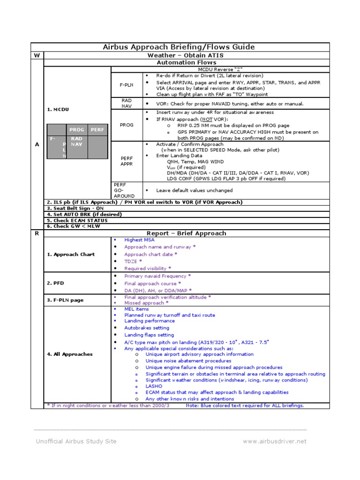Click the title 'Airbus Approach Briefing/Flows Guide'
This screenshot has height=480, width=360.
(179, 47)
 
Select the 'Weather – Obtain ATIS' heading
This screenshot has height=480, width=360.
(186, 55)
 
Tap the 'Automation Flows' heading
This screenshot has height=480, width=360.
(186, 62)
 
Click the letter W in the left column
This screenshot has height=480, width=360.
(37, 55)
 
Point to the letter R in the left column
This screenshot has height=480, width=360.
(37, 233)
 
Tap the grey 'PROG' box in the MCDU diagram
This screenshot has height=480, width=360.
(76, 129)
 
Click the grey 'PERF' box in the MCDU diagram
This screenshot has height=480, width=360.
(97, 129)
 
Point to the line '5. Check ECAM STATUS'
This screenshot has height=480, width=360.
(77, 220)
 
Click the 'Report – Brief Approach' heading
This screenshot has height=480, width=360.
(186, 233)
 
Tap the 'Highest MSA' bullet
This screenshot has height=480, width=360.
(139, 240)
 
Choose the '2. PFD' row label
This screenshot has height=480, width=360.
(56, 283)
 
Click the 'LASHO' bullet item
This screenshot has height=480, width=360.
(154, 386)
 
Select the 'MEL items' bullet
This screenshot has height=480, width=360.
(136, 309)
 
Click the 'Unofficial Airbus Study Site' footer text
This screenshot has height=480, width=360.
(76, 441)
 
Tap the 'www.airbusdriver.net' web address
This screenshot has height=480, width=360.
(274, 441)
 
